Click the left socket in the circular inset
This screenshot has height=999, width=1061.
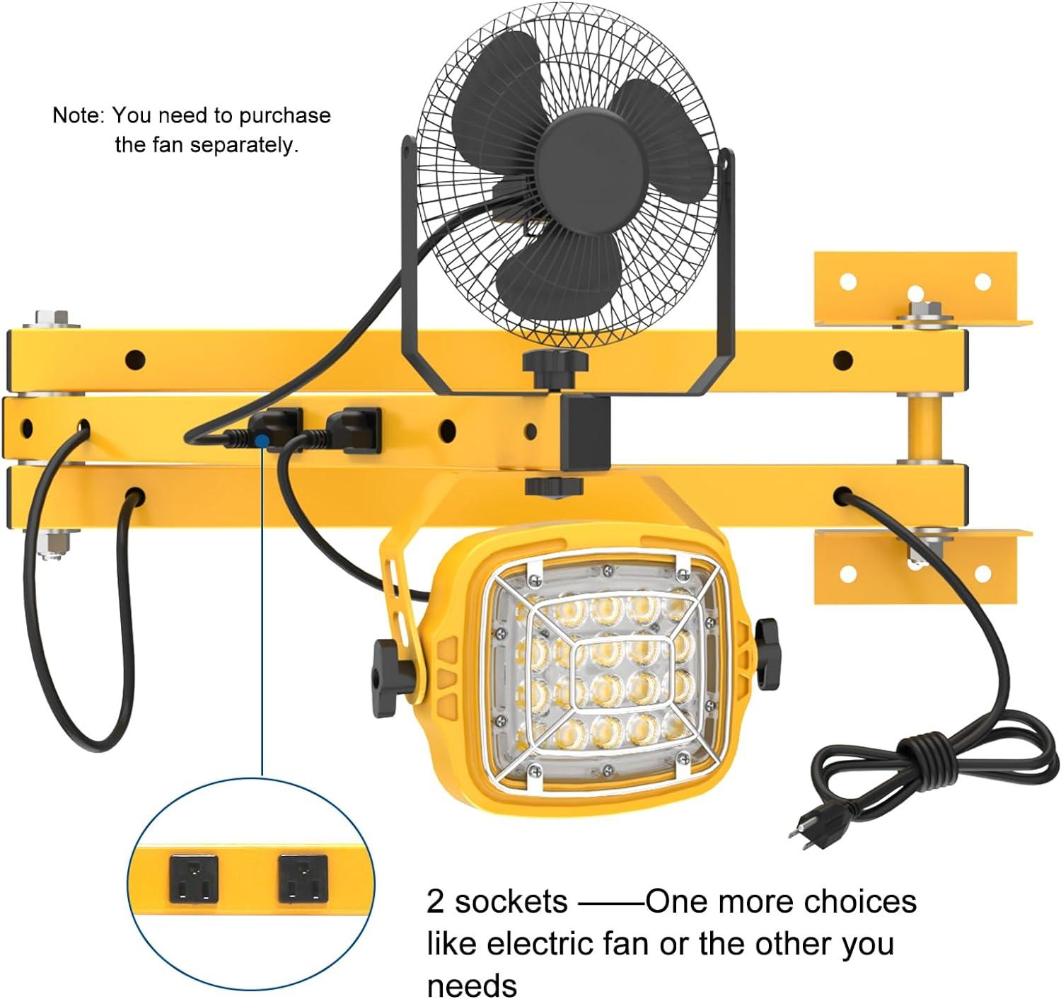(194, 877)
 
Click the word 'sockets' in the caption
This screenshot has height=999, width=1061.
(511, 902)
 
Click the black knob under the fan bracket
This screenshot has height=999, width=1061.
(555, 364)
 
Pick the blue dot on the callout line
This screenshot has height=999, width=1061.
(262, 441)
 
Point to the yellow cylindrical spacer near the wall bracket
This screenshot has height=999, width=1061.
(922, 429)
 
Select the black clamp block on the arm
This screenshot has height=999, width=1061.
(586, 432)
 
